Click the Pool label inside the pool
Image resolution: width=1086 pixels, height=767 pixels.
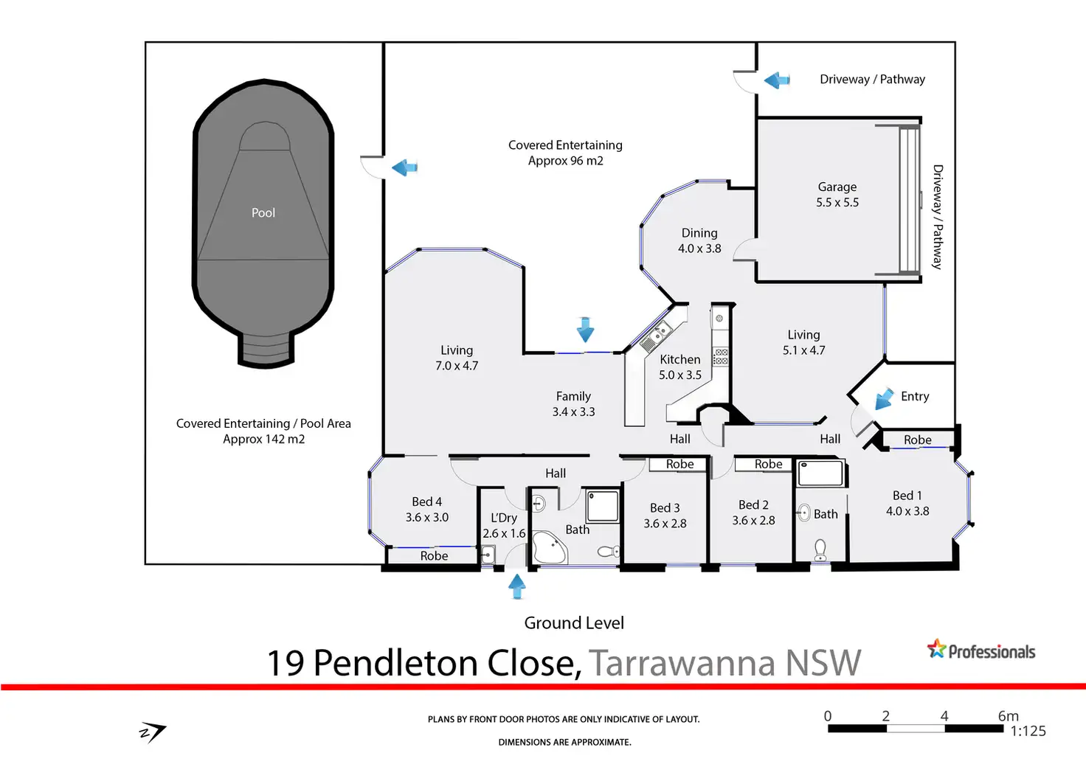pos(263,212)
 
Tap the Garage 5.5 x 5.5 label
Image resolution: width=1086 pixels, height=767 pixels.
pos(837,195)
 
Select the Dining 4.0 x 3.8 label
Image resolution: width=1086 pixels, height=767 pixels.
pos(699,241)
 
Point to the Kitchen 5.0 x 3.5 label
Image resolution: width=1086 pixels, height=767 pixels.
pos(680,367)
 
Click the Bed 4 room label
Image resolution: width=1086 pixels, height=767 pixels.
pos(427,510)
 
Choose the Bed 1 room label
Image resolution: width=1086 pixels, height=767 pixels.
pos(907,503)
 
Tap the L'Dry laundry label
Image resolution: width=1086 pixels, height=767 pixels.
pos(504,525)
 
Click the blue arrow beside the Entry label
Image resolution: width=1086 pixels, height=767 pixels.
pos(883,400)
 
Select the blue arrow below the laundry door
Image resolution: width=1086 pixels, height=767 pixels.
pos(517,586)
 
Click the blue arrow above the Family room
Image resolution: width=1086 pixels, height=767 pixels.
pos(585,329)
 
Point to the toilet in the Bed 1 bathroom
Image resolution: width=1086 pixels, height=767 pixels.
pos(820,549)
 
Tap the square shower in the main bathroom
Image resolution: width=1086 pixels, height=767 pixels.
pos(603,507)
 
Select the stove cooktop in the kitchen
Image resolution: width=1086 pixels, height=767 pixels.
pos(720,357)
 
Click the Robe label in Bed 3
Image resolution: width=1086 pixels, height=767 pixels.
pos(679,464)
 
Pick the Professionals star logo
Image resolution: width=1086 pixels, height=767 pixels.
pos(937,649)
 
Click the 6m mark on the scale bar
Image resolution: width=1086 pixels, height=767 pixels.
pos(1007,716)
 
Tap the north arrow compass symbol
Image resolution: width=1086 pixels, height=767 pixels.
pos(153,732)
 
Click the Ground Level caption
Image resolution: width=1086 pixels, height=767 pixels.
pos(574,623)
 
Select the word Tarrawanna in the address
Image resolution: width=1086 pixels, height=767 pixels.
pos(682,662)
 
